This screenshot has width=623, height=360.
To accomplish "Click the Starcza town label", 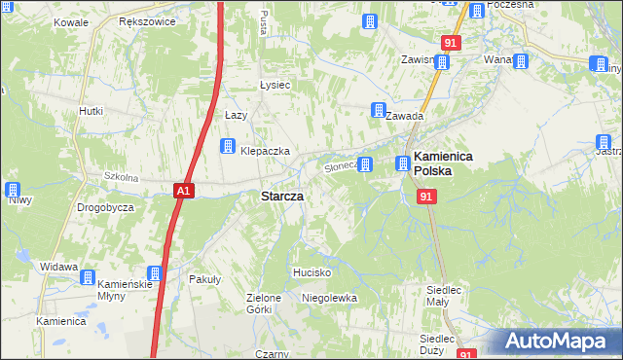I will (281, 196).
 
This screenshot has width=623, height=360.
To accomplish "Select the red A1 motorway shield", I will (185, 192).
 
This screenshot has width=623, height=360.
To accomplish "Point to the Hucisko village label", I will (313, 272).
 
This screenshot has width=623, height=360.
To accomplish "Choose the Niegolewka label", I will (330, 297).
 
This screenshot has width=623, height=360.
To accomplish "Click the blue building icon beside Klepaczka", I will (227, 147).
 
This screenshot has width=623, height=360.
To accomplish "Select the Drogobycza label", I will (105, 208).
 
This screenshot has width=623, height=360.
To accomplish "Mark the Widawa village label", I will (58, 266).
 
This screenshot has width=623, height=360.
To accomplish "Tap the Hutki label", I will (91, 111).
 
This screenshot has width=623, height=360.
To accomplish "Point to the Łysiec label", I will (275, 85).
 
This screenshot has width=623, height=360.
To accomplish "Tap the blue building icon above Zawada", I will (377, 111).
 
